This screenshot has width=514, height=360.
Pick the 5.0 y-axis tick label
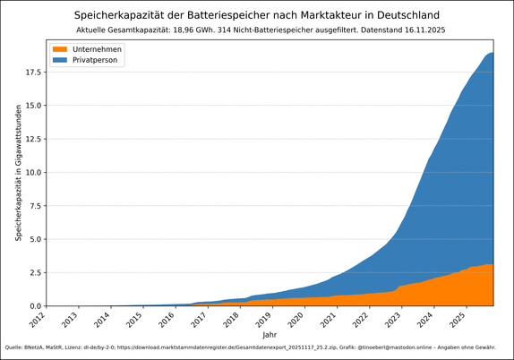(34, 239)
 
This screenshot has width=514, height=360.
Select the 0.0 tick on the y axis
(34, 306)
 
